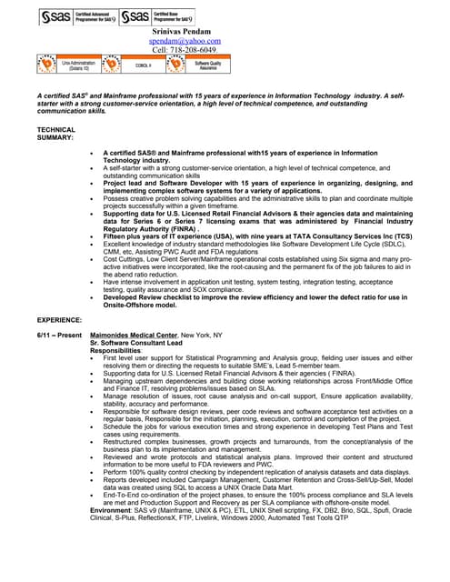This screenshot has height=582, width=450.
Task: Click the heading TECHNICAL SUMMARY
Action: point(56,134)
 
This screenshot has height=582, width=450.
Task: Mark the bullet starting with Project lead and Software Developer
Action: point(92,183)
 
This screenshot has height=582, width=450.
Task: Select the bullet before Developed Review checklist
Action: point(92,296)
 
